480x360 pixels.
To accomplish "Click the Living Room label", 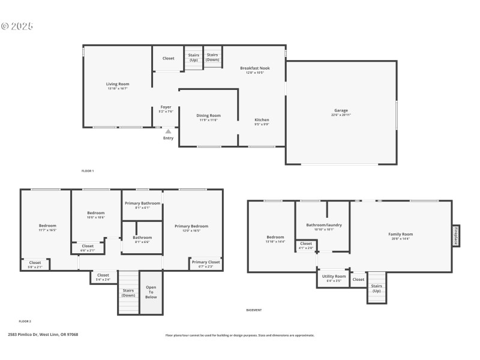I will pyautogui.click(x=118, y=84).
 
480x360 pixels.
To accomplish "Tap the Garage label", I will pyautogui.click(x=341, y=110).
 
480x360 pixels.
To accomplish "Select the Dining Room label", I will pyautogui.click(x=208, y=115).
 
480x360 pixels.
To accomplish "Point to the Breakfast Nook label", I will pyautogui.click(x=254, y=68).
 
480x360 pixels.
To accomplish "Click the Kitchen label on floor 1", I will pyautogui.click(x=262, y=120).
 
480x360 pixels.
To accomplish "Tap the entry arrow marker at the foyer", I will pyautogui.click(x=168, y=131).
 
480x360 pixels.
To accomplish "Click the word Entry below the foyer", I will pyautogui.click(x=168, y=139).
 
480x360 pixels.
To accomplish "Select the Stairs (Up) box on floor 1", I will pyautogui.click(x=193, y=58).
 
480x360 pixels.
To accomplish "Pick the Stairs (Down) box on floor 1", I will pyautogui.click(x=212, y=58).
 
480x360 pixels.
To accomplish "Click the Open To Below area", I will pyautogui.click(x=151, y=292).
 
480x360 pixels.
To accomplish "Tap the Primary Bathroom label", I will pyautogui.click(x=142, y=203).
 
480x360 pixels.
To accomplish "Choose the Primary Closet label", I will pyautogui.click(x=205, y=262).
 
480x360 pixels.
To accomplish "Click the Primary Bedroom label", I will pyautogui.click(x=191, y=226).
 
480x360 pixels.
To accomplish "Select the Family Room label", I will pyautogui.click(x=400, y=234).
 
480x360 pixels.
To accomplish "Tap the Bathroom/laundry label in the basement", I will pyautogui.click(x=323, y=225).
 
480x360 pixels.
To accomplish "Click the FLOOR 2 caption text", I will pyautogui.click(x=25, y=322).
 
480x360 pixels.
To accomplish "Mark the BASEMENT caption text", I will pyautogui.click(x=254, y=310).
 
